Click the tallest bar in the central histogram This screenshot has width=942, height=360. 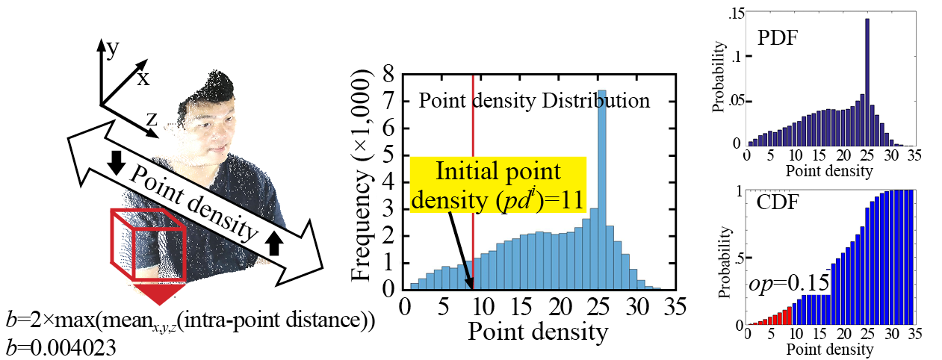601,187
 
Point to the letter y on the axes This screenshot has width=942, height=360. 114,49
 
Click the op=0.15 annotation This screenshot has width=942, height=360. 778,285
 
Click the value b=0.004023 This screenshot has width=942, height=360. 61,347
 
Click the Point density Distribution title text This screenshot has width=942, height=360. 533,101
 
